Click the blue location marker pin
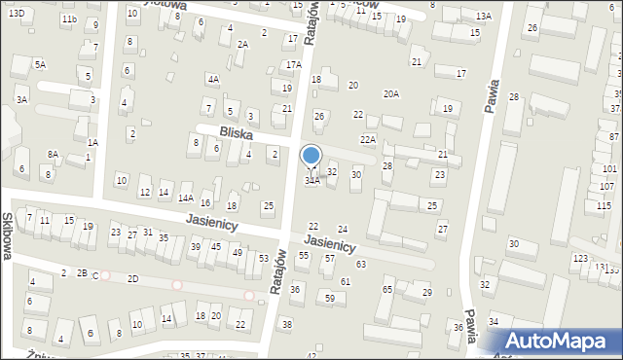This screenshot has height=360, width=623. [311, 157]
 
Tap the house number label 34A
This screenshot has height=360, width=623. [311, 181]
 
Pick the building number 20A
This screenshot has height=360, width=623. [391, 94]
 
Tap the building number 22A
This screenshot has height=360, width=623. [367, 140]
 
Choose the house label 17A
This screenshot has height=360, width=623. [293, 64]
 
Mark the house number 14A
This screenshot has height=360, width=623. [185, 198]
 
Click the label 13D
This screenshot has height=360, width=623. [17, 12]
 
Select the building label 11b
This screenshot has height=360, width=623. [68, 19]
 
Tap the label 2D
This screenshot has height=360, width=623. [132, 279]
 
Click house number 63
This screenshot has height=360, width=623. [361, 264]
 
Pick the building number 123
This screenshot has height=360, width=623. [580, 258]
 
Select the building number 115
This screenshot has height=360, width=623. [604, 206]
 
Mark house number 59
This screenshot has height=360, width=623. [330, 297]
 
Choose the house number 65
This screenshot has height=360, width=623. [387, 289]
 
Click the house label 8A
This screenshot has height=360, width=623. [54, 154]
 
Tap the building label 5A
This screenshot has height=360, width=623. [40, 64]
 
